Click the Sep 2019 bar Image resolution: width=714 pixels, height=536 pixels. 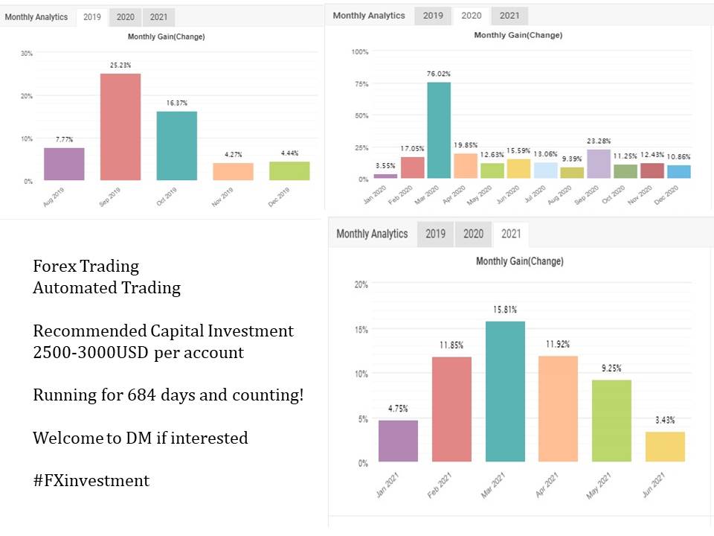point(120,127)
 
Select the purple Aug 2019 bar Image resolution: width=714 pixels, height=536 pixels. point(64,164)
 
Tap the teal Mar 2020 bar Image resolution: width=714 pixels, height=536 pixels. point(439,130)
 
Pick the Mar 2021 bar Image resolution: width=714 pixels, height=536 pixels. point(505,392)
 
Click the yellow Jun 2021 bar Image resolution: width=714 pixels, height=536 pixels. point(665,447)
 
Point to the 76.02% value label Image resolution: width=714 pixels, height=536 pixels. point(439,74)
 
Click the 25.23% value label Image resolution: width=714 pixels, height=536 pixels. point(120,65)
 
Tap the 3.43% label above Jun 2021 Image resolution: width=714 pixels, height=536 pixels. point(665,421)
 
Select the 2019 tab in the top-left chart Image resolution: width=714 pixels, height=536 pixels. point(92,17)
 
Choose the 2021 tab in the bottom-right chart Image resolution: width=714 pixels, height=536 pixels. point(511,234)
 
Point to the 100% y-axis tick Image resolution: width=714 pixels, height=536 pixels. point(359,51)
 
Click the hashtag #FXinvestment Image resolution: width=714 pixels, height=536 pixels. point(91,481)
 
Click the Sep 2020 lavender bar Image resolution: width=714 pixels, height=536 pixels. point(599,164)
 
